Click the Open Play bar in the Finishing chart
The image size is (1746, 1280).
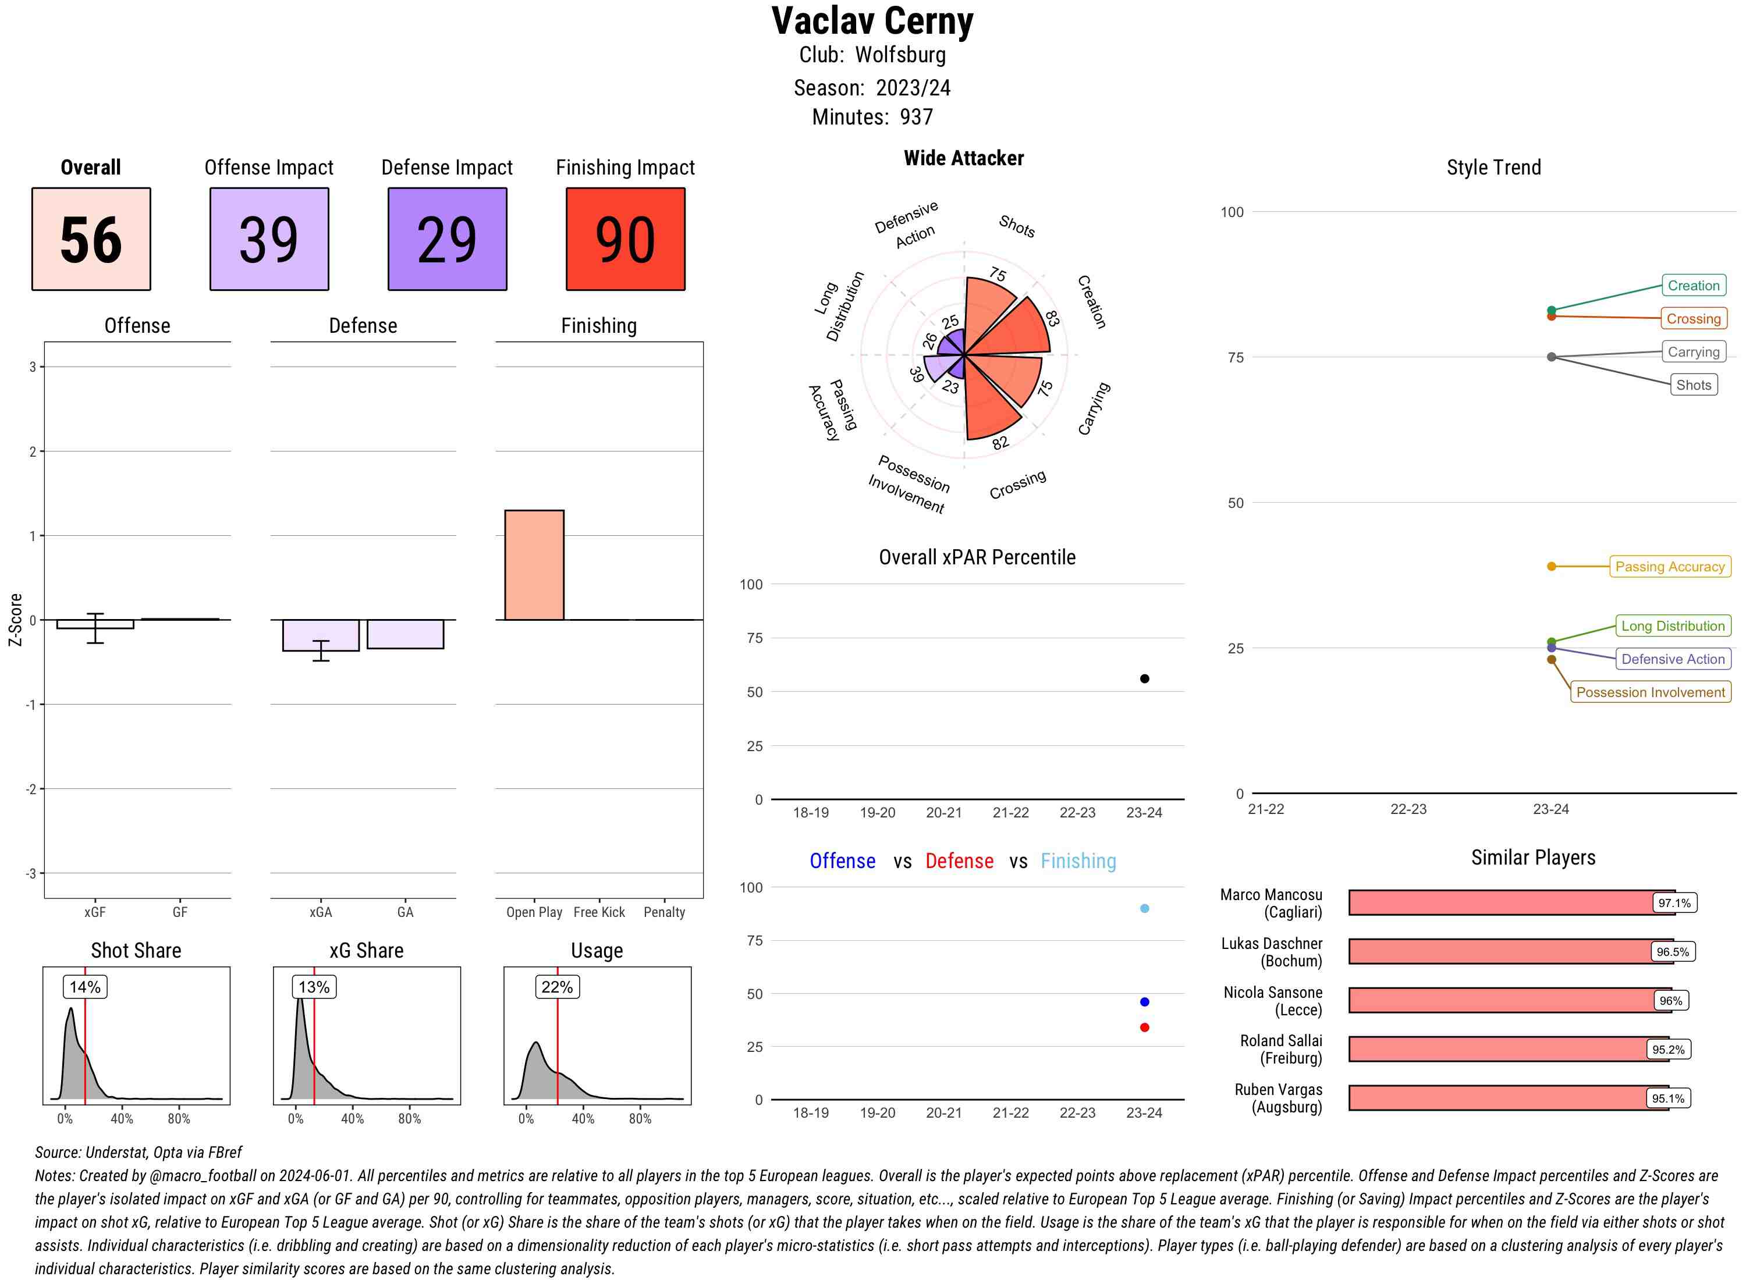[534, 565]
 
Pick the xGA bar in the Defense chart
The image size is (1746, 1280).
[321, 635]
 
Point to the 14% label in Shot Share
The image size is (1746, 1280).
[84, 987]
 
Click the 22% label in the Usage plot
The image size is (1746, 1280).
[557, 987]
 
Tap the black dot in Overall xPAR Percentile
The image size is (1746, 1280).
[1145, 679]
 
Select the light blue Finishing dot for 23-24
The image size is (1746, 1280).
[1145, 908]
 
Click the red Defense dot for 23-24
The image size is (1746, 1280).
[1145, 1027]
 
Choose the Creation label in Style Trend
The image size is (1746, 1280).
[1693, 285]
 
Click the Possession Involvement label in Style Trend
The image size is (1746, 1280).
[1650, 692]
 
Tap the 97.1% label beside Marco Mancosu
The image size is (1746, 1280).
[1674, 902]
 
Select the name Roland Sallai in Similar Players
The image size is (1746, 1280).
[1281, 1040]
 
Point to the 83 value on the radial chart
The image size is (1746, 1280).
[1052, 318]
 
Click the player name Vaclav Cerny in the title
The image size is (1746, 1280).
[872, 22]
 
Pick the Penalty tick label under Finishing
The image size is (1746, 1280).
[664, 912]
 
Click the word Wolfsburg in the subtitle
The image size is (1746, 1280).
[900, 55]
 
